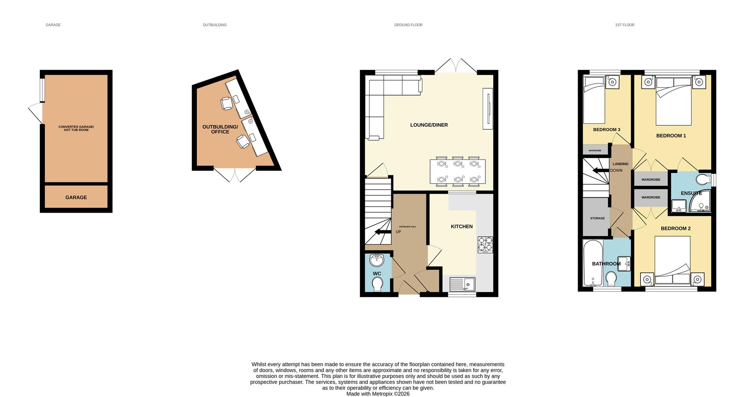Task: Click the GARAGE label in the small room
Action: point(76,197)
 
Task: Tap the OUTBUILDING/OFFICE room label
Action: point(220,129)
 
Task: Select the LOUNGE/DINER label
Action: point(429,125)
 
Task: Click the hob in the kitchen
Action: point(485,244)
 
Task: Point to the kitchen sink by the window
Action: point(463,284)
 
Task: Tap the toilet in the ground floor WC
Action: point(378,284)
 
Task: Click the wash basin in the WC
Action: point(377,259)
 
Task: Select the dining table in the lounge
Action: point(458,171)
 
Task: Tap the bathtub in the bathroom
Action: point(592,263)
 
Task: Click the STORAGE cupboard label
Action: point(597,218)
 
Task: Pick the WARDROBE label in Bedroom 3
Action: point(595,151)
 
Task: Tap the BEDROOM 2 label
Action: point(676,228)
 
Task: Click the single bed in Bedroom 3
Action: point(594,101)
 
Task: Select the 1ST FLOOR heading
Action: point(624,25)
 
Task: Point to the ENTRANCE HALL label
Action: point(408,227)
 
